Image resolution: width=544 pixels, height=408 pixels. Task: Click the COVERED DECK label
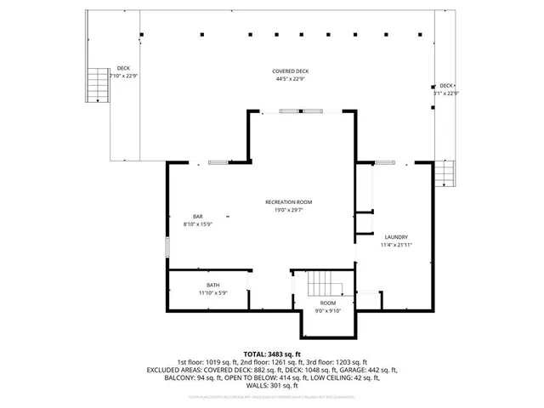pyautogui.click(x=290, y=71)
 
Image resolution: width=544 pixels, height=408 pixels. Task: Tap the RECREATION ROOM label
pyautogui.click(x=288, y=201)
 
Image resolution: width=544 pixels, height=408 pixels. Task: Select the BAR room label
pyautogui.click(x=197, y=217)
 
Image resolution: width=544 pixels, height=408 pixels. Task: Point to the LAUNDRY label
pyautogui.click(x=396, y=237)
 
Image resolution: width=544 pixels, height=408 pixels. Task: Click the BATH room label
pyautogui.click(x=212, y=285)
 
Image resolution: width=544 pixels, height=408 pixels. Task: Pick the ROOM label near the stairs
pyautogui.click(x=327, y=303)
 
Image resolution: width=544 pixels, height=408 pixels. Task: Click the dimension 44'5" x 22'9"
pyautogui.click(x=290, y=79)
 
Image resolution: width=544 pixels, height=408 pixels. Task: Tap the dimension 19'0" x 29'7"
pyautogui.click(x=288, y=209)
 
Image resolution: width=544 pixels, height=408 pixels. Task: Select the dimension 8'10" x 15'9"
pyautogui.click(x=197, y=224)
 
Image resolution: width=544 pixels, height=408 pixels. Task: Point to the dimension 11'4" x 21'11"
pyautogui.click(x=396, y=245)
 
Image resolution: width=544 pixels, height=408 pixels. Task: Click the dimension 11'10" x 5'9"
pyautogui.click(x=212, y=293)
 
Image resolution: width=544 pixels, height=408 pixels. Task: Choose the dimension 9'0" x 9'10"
pyautogui.click(x=327, y=311)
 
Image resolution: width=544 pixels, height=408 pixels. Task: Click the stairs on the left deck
pyautogui.click(x=97, y=85)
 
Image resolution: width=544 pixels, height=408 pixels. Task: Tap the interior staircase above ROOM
pyautogui.click(x=323, y=282)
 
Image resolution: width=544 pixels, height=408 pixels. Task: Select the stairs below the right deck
pyautogui.click(x=445, y=175)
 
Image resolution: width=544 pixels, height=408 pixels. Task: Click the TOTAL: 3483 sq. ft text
pyautogui.click(x=272, y=354)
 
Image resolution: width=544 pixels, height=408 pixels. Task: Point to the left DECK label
pyautogui.click(x=123, y=68)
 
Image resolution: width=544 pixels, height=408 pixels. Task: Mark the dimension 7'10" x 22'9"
pyautogui.click(x=123, y=76)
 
